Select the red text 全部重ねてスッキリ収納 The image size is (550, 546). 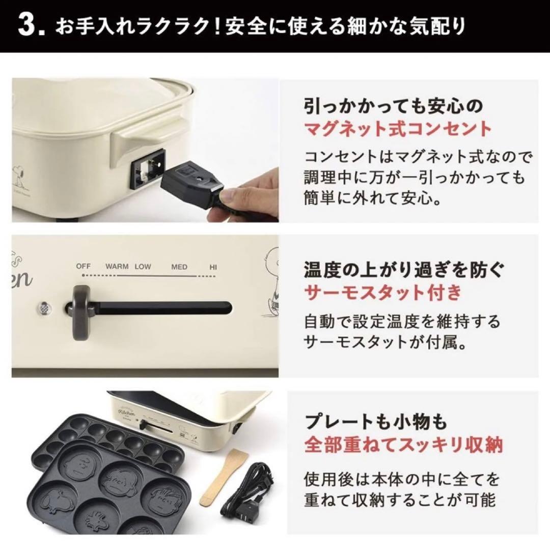point(403,445)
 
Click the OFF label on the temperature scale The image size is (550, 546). point(83,267)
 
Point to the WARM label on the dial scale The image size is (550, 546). point(117,267)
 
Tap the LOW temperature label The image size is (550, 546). point(143,267)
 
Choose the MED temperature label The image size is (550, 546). point(179,267)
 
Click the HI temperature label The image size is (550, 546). point(213,267)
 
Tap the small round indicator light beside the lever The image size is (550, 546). point(45,307)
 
